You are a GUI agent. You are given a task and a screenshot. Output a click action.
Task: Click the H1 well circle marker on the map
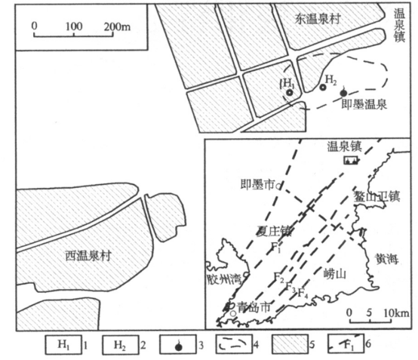coord(289,93)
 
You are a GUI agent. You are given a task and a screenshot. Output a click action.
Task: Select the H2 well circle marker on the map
coord(323,88)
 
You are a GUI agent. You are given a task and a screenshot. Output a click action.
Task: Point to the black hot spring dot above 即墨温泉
coord(344,91)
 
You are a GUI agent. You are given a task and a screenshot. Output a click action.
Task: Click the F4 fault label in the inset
coord(302,291)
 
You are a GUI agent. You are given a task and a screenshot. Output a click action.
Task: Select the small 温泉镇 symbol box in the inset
coord(349,161)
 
